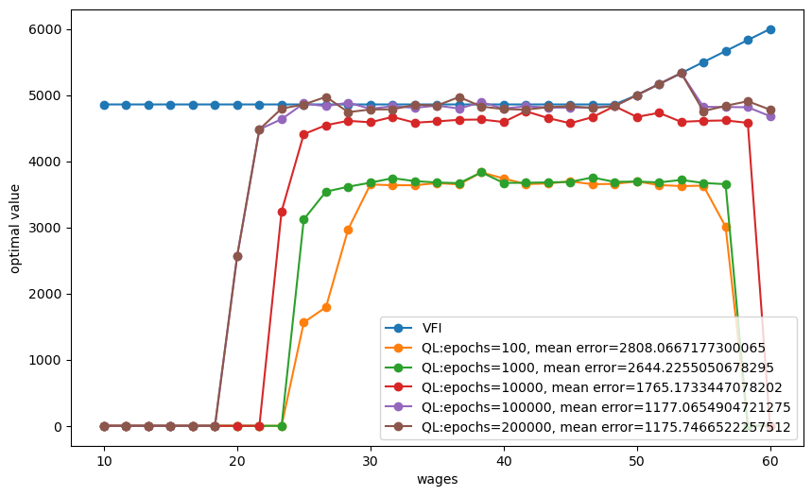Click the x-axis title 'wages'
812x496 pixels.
438,479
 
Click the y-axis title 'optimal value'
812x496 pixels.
16,228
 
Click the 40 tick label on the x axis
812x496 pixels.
504,460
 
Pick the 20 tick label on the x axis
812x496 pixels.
237,460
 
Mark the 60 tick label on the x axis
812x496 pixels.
770,460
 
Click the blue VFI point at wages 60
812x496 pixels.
770,29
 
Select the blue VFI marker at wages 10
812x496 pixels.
104,105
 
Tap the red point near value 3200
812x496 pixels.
282,212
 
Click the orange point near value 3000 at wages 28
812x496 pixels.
348,230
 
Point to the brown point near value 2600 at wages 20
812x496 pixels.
237,256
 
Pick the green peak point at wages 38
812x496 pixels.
481,172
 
